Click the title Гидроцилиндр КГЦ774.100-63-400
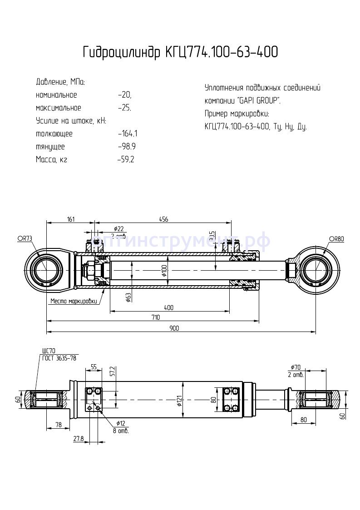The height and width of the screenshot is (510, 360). (180, 53)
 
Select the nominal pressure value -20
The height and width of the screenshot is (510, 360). (124, 95)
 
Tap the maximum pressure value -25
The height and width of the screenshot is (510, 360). (124, 108)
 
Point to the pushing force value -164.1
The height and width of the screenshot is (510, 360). (128, 134)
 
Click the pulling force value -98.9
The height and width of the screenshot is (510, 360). (127, 147)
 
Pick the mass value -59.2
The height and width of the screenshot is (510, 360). (126, 159)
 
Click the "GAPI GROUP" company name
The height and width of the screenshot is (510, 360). (260, 100)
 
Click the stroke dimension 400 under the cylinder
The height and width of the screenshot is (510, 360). (169, 307)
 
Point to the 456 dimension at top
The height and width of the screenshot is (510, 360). (163, 219)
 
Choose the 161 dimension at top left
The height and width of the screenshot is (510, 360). (71, 219)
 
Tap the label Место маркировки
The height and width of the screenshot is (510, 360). (73, 301)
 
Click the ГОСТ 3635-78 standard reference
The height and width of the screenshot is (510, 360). (59, 358)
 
